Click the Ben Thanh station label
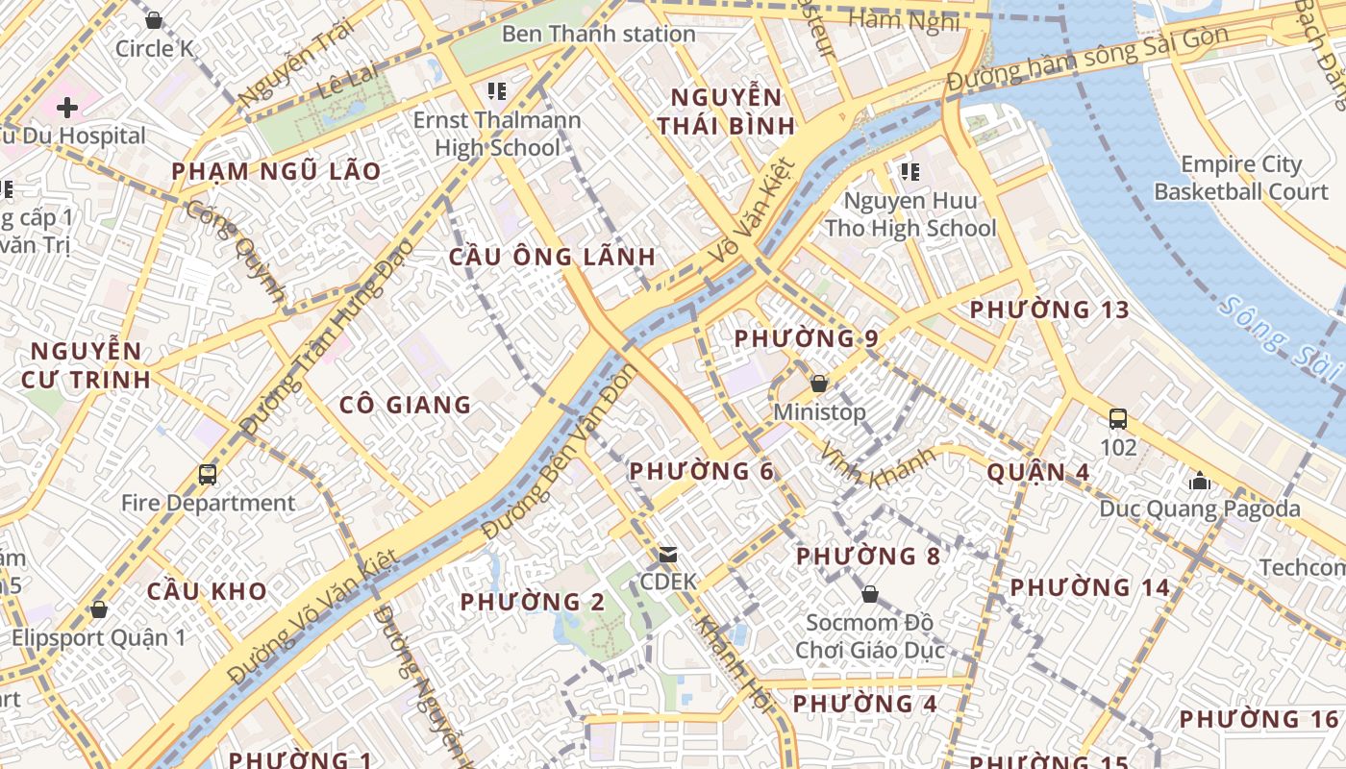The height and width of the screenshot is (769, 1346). pyautogui.click(x=598, y=34)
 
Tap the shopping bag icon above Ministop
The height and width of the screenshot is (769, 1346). pyautogui.click(x=819, y=384)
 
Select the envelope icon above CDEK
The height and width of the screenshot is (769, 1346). pyautogui.click(x=668, y=555)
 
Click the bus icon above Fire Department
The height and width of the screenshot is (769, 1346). pyautogui.click(x=208, y=474)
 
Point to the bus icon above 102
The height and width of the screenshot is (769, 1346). pyautogui.click(x=1118, y=419)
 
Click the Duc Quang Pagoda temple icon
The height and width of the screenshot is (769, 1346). pyautogui.click(x=1200, y=481)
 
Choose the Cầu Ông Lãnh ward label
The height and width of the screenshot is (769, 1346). pyautogui.click(x=553, y=257)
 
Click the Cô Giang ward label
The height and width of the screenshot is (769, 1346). pyautogui.click(x=406, y=405)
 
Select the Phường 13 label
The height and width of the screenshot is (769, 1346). pyautogui.click(x=1049, y=310)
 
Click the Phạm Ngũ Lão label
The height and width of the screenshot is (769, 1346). pyautogui.click(x=276, y=171)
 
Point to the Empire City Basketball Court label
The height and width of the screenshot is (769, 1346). pyautogui.click(x=1241, y=178)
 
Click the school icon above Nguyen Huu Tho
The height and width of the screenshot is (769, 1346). pyautogui.click(x=910, y=172)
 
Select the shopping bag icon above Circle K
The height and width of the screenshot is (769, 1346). pyautogui.click(x=154, y=20)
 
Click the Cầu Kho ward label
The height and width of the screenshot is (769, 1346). pyautogui.click(x=207, y=590)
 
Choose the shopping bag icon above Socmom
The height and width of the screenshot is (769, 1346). pyautogui.click(x=870, y=594)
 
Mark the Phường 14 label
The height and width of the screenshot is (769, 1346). pyautogui.click(x=1089, y=586)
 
